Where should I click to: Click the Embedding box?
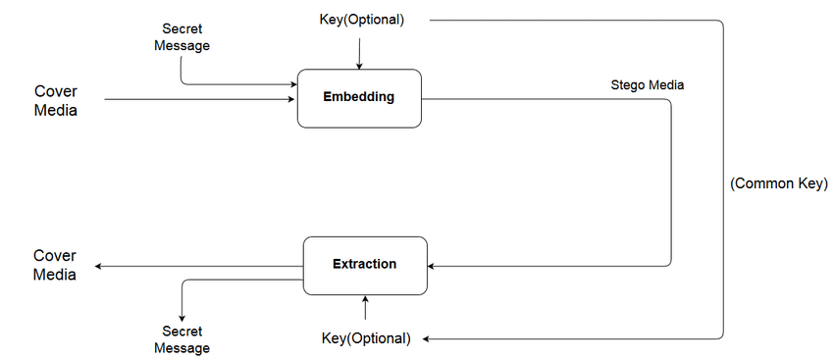359,98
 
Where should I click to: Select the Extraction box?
364,265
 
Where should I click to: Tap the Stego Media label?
647,85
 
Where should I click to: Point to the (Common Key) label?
779,183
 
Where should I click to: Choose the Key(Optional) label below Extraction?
366,338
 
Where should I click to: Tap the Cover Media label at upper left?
56,100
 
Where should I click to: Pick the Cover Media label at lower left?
55,265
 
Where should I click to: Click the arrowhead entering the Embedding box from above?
359,66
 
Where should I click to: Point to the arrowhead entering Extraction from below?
365,299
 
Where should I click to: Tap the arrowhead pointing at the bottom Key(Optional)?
428,338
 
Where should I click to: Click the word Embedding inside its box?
359,97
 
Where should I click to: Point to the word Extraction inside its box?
364,264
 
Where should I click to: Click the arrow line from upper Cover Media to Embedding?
196,99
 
